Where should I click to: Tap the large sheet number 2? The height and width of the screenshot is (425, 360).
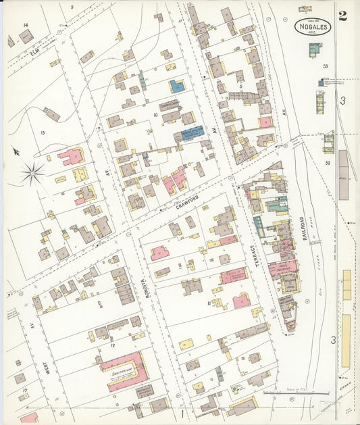pos(343,16)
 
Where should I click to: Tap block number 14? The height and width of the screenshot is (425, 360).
pos(26,25)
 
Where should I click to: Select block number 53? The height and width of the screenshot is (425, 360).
pos(325,66)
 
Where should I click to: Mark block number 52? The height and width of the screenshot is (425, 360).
pos(327,162)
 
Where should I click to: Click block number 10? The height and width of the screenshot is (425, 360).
pos(155,116)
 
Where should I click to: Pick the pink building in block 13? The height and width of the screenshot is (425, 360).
pos(70,157)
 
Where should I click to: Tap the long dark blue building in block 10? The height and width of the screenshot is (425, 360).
pos(192,132)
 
